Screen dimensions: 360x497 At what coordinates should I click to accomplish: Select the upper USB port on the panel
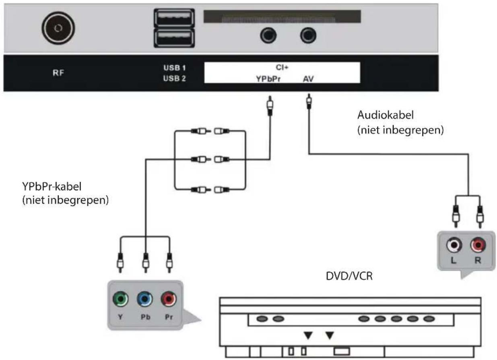click(174, 18)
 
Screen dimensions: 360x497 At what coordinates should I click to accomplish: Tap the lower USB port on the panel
click(174, 39)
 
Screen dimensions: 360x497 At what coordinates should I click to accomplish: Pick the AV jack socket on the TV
click(308, 36)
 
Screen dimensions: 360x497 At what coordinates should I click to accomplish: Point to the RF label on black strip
click(59, 73)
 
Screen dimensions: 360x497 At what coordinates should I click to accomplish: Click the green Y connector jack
click(120, 299)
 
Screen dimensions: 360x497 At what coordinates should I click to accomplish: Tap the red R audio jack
click(478, 245)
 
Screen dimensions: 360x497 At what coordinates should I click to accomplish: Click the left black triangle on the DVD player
click(308, 335)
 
